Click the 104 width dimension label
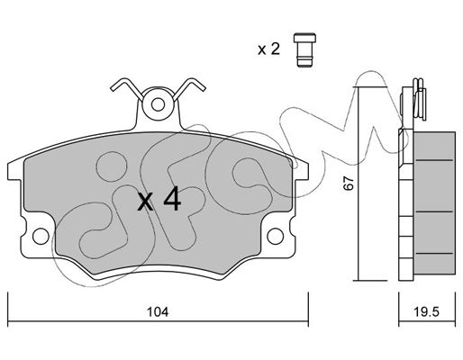click(158, 312)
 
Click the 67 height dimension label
click(349, 184)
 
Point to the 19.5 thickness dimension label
click(427, 312)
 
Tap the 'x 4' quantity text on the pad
click(159, 199)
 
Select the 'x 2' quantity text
click(268, 49)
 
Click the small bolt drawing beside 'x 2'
click(304, 49)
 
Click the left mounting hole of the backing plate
click(41, 236)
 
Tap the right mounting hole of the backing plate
click(275, 236)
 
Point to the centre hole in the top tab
click(158, 104)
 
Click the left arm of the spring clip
click(127, 87)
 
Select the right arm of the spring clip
click(189, 87)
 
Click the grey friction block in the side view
click(434, 202)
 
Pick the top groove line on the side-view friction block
click(434, 160)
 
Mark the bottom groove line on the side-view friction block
click(434, 254)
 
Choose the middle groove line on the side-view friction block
click(434, 211)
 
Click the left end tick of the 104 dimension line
click(8, 309)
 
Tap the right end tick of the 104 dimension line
click(308, 309)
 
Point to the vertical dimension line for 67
click(359, 184)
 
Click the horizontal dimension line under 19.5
click(427, 321)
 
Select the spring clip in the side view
click(420, 99)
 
